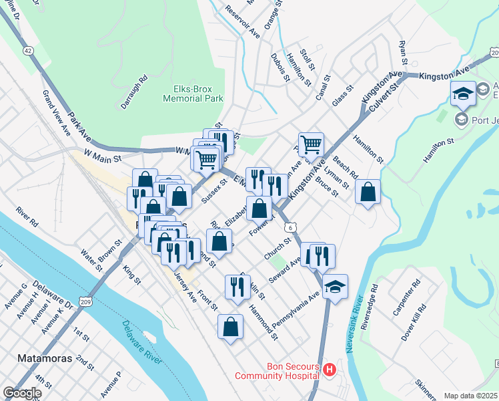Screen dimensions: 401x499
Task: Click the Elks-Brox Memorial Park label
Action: [193, 93]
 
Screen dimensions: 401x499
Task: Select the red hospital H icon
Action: [328, 370]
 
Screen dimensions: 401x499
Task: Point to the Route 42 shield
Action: [27, 50]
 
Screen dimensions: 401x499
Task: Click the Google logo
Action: [21, 393]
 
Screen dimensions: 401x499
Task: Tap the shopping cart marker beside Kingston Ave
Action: [311, 144]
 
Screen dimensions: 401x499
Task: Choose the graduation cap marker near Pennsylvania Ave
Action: [335, 287]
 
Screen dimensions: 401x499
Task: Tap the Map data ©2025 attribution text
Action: [470, 396]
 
